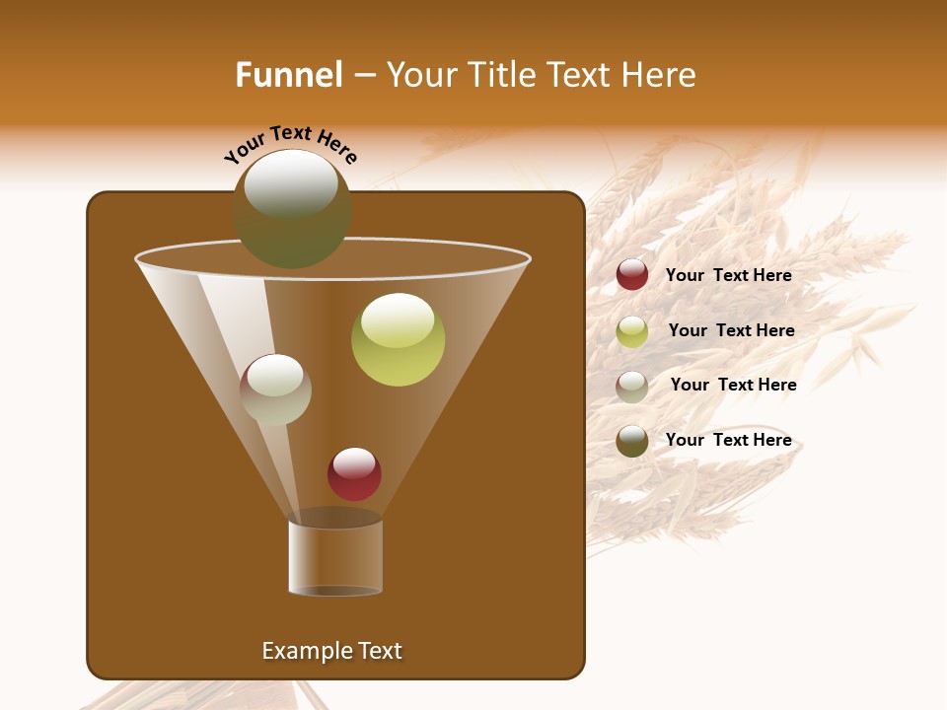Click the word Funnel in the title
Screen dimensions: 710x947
click(x=289, y=75)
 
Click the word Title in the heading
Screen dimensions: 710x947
click(x=500, y=75)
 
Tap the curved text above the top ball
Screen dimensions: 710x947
click(x=291, y=144)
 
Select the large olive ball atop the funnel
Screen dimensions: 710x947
click(x=292, y=209)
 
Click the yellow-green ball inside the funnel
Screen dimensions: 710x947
click(x=398, y=340)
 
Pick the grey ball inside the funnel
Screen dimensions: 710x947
click(x=275, y=390)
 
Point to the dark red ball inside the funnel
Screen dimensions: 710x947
click(x=354, y=474)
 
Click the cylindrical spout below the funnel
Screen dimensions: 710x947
click(x=335, y=557)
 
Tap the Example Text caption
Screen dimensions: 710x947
click(x=332, y=651)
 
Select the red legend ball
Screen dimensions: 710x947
click(x=632, y=275)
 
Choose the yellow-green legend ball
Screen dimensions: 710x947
click(x=632, y=331)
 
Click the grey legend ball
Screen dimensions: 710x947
click(x=632, y=386)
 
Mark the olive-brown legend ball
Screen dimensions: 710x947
click(x=632, y=441)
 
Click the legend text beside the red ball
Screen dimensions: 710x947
click(x=729, y=276)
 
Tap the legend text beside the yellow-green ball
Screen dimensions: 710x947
click(x=732, y=331)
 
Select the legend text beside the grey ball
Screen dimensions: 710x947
click(x=734, y=386)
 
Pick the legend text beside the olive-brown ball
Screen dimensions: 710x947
click(x=729, y=441)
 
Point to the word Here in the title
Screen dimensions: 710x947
click(x=660, y=75)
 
